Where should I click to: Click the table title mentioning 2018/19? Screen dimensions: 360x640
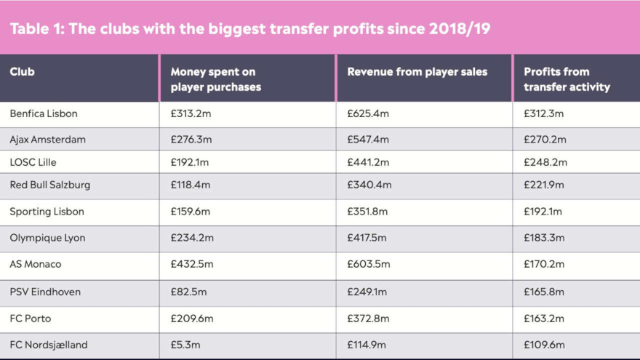(x=250, y=29)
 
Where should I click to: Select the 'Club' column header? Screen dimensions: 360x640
(x=23, y=72)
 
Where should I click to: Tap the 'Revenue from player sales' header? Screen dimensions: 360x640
(x=417, y=72)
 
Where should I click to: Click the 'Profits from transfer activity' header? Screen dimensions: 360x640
(x=567, y=79)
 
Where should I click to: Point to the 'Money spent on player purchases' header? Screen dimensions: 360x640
(x=215, y=79)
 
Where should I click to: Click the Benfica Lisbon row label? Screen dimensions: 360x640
(x=44, y=113)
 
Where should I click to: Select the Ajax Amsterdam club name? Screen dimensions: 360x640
(x=48, y=139)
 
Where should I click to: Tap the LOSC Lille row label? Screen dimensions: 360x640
(x=33, y=162)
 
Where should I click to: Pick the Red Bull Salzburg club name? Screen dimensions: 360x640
(x=50, y=185)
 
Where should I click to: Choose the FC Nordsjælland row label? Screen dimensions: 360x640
(x=49, y=345)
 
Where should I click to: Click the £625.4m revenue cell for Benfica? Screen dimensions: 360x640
(x=368, y=113)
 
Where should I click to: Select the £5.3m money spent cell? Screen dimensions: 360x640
(x=185, y=345)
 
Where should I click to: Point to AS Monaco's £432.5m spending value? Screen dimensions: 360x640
(x=191, y=264)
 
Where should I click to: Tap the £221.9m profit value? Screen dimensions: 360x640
(x=544, y=185)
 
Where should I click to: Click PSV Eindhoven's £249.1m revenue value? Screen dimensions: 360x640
(x=367, y=292)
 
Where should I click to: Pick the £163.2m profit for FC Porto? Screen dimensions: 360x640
(x=544, y=319)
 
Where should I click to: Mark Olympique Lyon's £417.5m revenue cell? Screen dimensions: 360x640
(x=367, y=238)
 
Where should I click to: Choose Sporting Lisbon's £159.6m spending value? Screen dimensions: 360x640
(x=191, y=212)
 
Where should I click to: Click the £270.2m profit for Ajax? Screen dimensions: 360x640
(x=545, y=139)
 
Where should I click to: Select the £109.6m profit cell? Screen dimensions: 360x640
(x=544, y=345)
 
